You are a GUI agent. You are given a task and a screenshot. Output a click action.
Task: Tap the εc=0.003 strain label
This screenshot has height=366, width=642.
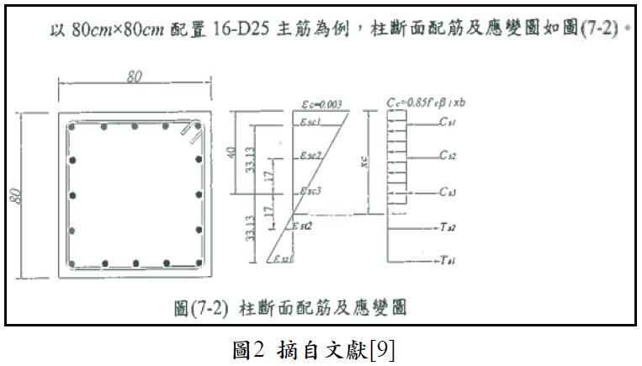[321, 105]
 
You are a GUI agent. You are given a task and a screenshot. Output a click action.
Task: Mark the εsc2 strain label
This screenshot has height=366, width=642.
[311, 156]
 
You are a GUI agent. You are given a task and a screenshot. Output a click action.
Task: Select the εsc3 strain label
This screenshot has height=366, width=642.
[311, 193]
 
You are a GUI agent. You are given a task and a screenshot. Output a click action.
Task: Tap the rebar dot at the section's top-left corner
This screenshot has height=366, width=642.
[74, 128]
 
